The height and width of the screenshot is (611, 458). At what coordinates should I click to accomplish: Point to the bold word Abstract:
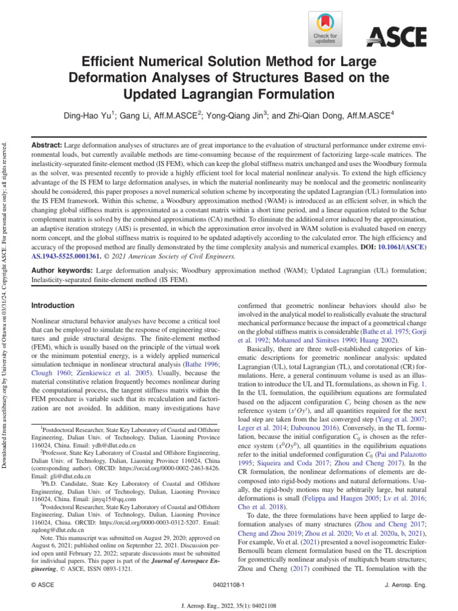46,146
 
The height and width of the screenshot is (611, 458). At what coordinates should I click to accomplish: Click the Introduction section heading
52,305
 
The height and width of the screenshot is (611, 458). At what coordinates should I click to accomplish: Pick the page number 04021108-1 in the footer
228,586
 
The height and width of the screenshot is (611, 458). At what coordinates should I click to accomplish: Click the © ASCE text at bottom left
42,586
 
